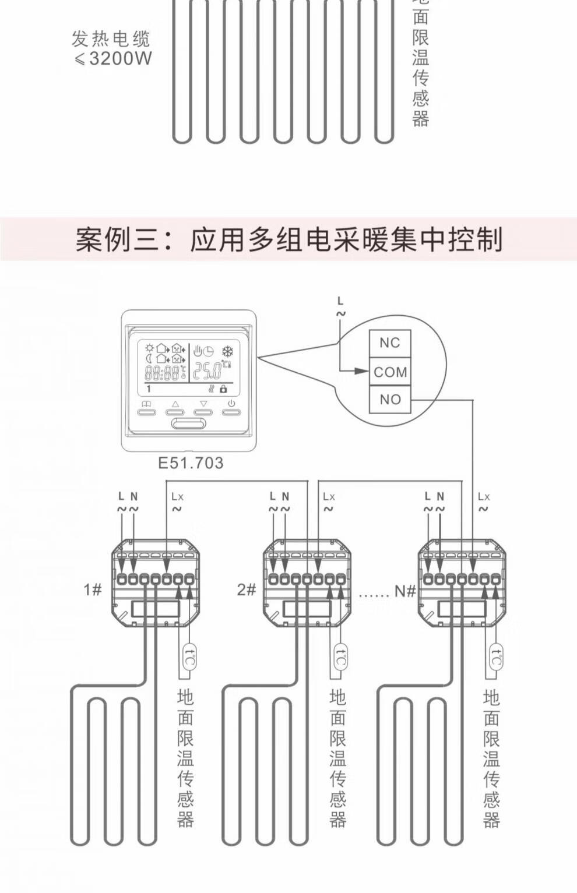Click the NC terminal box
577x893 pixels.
[390, 343]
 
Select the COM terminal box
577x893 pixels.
[390, 372]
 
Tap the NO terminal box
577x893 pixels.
[390, 400]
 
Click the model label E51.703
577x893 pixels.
[191, 463]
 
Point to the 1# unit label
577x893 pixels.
[92, 590]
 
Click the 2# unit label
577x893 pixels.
[247, 590]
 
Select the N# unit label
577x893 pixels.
[405, 591]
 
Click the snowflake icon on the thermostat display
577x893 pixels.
[227, 351]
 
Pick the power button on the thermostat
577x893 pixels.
[231, 411]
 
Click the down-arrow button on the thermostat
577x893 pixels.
[203, 411]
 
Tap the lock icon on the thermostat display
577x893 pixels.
[223, 389]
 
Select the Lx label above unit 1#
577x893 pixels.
[177, 497]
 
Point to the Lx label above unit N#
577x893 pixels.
[484, 497]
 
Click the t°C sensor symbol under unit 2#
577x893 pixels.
[341, 658]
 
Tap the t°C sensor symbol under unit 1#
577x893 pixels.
[189, 658]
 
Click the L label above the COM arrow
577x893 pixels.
[340, 301]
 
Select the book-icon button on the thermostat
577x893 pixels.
[147, 411]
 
